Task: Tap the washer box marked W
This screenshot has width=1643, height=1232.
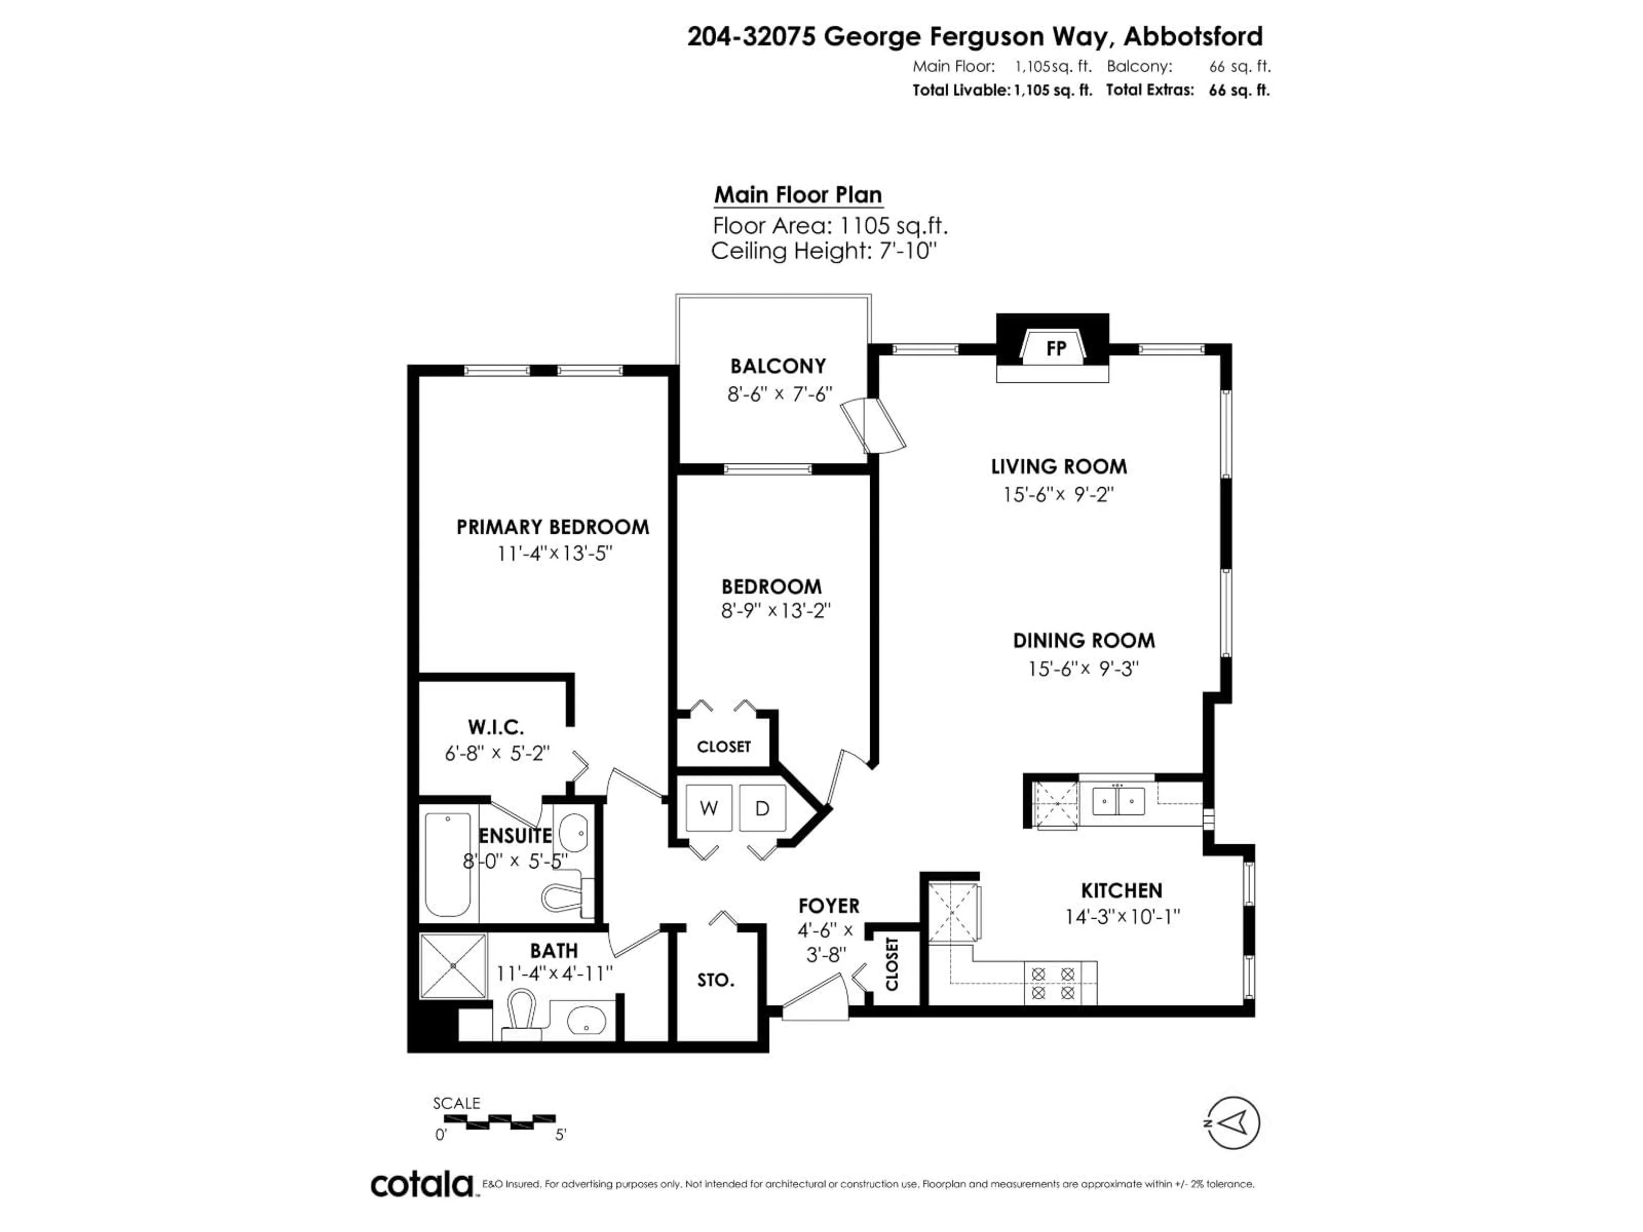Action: pyautogui.click(x=709, y=808)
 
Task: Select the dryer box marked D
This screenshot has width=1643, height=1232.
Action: pyautogui.click(x=762, y=808)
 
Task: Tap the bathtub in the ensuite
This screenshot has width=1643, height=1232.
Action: pyautogui.click(x=448, y=865)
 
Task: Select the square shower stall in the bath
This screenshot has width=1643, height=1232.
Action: pyautogui.click(x=453, y=966)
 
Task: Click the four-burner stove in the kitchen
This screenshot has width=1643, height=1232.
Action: pyautogui.click(x=1053, y=983)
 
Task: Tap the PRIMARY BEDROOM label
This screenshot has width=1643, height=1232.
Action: pyautogui.click(x=553, y=527)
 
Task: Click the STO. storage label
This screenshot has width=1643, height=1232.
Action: pyautogui.click(x=716, y=980)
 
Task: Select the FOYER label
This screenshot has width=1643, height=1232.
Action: pyautogui.click(x=829, y=906)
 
